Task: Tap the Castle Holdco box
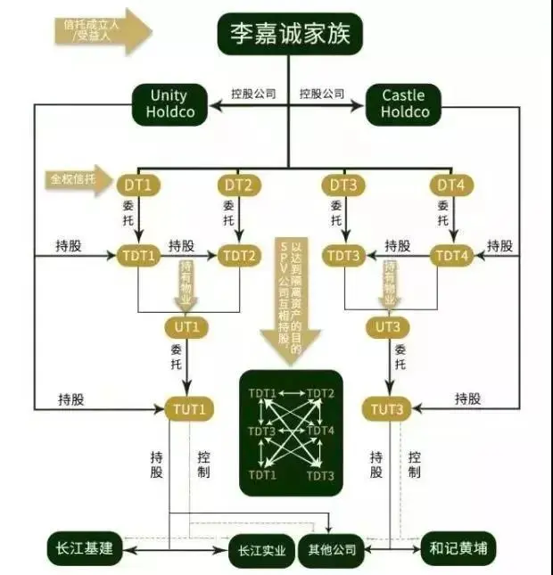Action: point(404,103)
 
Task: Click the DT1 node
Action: point(138,185)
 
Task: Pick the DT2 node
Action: point(238,185)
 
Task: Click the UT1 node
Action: point(186,327)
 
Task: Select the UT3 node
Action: point(387,327)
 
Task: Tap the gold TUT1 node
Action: point(186,409)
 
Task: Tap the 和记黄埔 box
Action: point(458,547)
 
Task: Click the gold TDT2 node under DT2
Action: point(238,256)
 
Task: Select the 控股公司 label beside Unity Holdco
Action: point(253,93)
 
